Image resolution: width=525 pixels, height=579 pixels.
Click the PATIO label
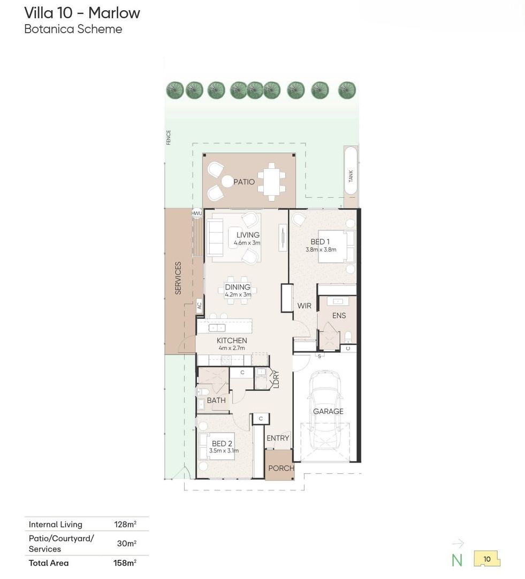click(x=244, y=182)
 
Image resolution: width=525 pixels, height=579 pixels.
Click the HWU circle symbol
click(x=197, y=213)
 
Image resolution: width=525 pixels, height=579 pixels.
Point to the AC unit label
click(x=200, y=306)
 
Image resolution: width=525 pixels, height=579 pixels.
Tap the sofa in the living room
click(x=215, y=237)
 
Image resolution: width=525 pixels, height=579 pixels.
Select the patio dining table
click(x=271, y=182)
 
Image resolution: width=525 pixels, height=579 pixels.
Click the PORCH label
click(x=281, y=468)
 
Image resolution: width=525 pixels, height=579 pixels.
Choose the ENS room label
click(x=339, y=316)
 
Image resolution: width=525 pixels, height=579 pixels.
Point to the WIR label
click(x=305, y=306)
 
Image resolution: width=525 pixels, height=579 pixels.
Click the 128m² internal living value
click(x=125, y=524)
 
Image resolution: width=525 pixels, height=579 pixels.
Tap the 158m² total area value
click(x=125, y=563)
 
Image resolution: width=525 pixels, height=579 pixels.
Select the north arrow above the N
click(x=458, y=544)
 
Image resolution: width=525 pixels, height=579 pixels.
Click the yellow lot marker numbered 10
click(x=487, y=559)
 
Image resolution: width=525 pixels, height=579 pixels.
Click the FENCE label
click(x=169, y=137)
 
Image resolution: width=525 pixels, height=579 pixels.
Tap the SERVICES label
click(x=178, y=278)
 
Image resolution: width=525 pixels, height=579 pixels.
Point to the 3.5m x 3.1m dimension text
click(x=224, y=451)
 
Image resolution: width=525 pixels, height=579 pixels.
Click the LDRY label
click(x=276, y=379)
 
